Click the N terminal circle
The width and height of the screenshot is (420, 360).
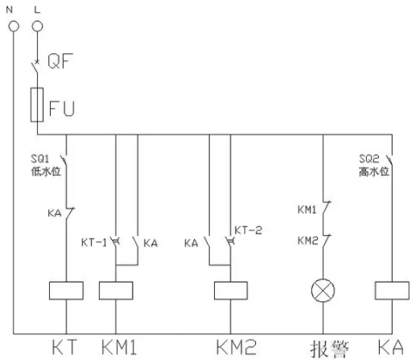coord(14,27)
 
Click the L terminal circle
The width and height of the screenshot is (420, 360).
coord(37,27)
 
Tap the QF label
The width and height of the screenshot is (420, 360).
coord(60,61)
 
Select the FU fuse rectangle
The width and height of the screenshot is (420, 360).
coord(37,105)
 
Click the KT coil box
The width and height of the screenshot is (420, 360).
coord(66,291)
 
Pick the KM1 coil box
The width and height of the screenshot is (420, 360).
coord(116,291)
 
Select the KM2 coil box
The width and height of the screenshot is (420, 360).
coord(231,291)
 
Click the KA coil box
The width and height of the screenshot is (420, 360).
coord(392,291)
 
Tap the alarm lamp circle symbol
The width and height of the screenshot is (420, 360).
coord(323,291)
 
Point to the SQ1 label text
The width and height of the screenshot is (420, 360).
coord(40,159)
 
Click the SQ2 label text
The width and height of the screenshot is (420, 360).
coord(369,159)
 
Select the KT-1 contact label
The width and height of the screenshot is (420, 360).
coord(94,242)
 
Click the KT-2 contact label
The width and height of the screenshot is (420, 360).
coord(248,230)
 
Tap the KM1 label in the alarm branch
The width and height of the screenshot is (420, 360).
coord(307,209)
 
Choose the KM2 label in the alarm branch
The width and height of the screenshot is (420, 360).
coord(308,241)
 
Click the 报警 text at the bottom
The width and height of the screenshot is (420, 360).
coord(330,349)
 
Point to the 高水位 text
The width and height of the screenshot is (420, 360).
coord(374,172)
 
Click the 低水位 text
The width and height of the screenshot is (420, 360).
coord(46,172)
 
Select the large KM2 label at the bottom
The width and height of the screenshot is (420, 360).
coord(237,347)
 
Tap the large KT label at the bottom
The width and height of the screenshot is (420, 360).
coord(64,347)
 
